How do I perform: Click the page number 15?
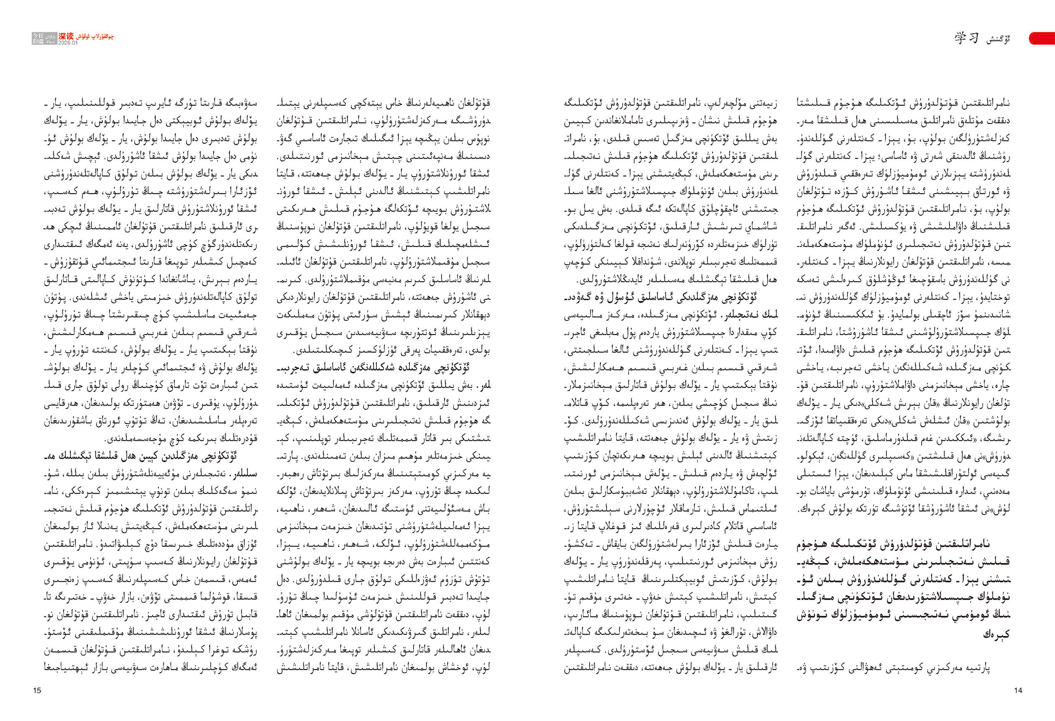[37, 690]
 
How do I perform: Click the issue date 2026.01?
[68, 43]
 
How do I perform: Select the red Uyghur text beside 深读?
[96, 36]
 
